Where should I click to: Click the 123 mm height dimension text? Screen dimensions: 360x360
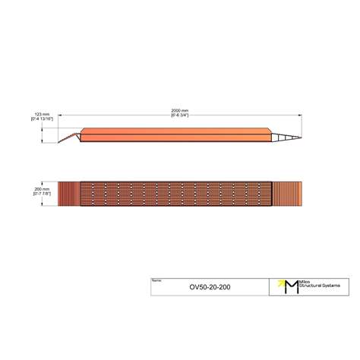click(x=42, y=115)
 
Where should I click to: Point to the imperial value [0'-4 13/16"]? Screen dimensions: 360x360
click(x=42, y=119)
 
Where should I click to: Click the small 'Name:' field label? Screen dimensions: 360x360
click(x=156, y=280)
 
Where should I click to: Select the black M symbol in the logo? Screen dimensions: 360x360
click(x=289, y=286)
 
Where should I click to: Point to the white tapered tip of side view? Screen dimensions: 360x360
click(x=286, y=137)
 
